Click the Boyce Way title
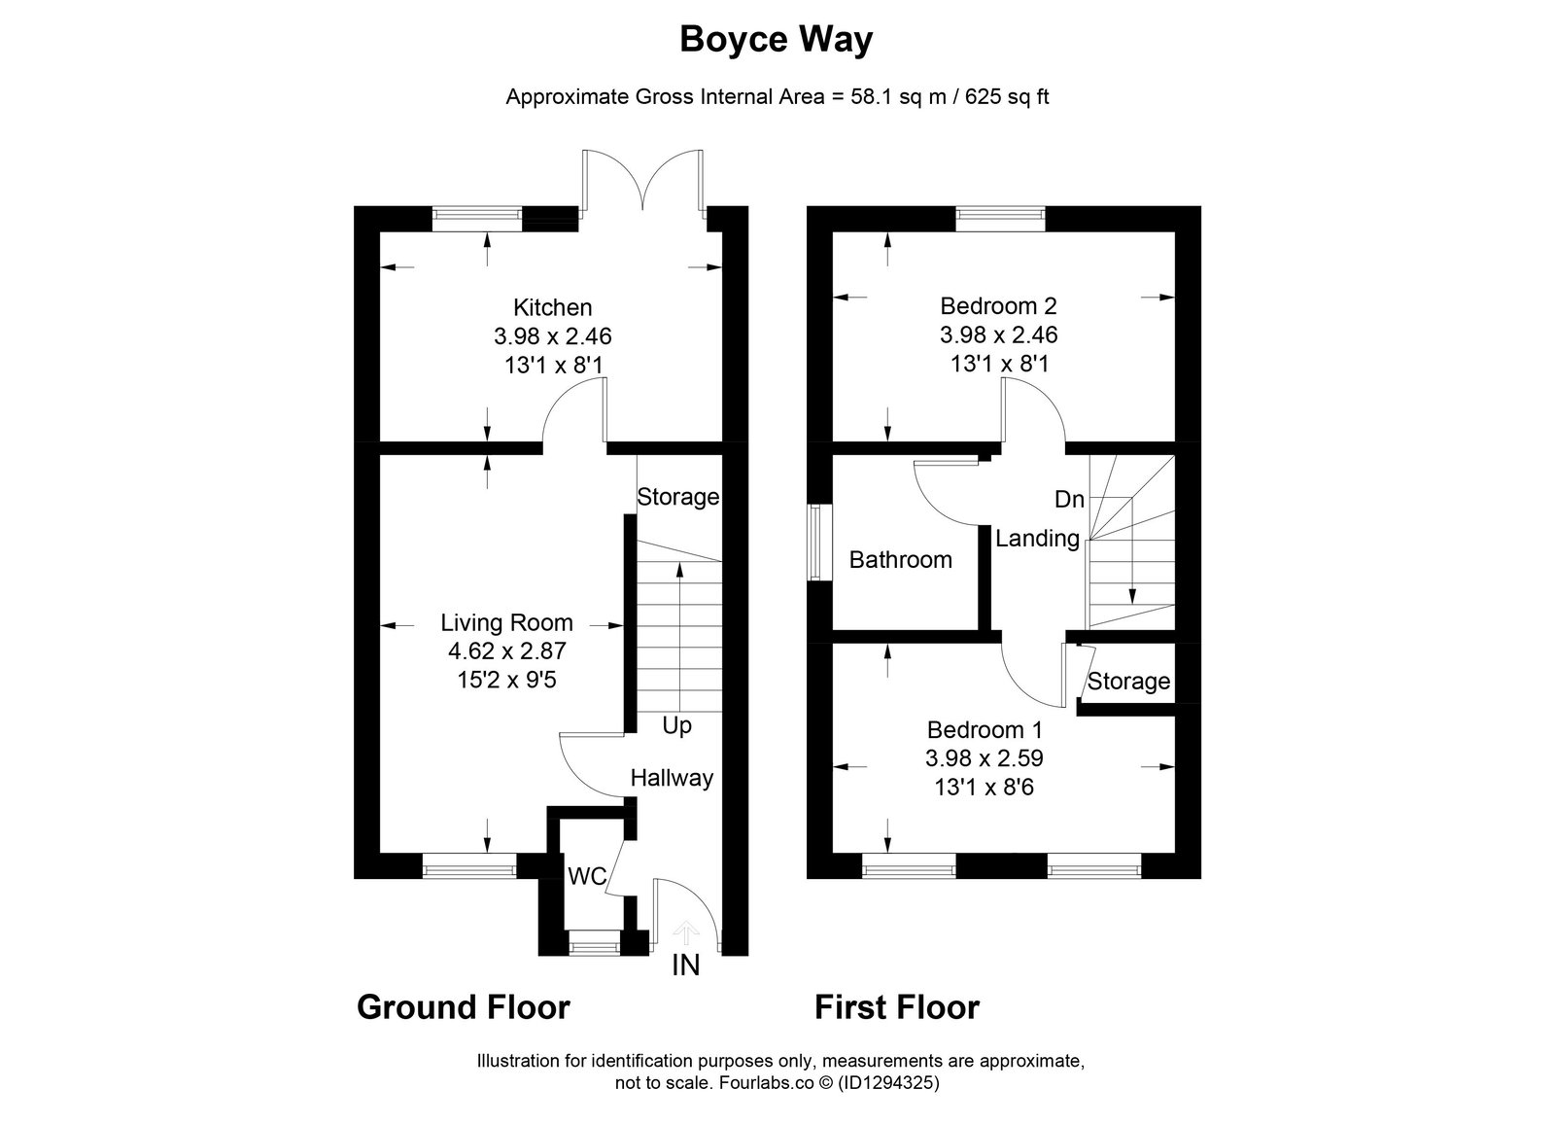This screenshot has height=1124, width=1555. pos(777,40)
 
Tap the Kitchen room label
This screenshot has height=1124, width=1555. pos(553,307)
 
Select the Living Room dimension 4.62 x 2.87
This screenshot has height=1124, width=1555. pos(506,650)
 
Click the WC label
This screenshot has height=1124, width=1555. pos(587,876)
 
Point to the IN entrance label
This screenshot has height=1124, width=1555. pos(686,965)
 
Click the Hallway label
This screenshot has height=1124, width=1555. pos(672,778)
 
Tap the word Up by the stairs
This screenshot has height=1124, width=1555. pos(676,726)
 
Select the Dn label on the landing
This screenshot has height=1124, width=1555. pos(1069,499)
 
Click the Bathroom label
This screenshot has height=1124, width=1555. pos(900,559)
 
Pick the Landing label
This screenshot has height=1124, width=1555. pos(1038,539)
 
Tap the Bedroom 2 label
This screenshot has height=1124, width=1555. pos(998,305)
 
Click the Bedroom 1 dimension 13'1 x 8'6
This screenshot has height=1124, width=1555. pos(984,787)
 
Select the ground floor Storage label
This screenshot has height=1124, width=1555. pos(678,497)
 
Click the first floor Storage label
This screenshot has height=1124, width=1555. pos(1128,681)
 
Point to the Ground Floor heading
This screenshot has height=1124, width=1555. pos(463,1006)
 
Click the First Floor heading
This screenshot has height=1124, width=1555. pos(897,1006)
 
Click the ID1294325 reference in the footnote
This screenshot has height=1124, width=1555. pos(888,1082)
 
